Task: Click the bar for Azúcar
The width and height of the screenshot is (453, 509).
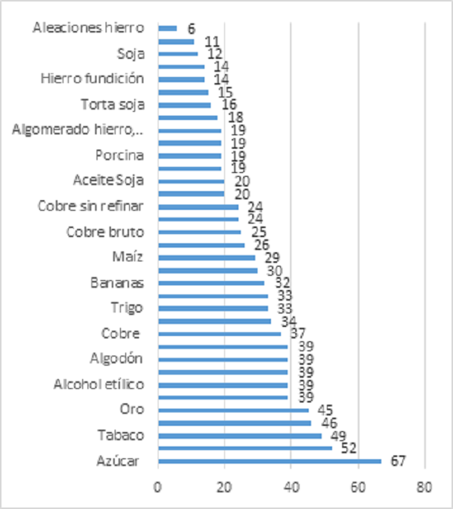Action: coord(270,461)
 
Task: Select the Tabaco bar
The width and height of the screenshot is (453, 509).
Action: coord(240,435)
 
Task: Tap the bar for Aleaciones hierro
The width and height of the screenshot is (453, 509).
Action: coord(168,28)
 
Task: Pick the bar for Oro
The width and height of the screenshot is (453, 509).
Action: coord(233,410)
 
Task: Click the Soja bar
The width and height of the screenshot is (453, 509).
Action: coord(178,54)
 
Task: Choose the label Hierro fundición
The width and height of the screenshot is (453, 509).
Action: coord(91,78)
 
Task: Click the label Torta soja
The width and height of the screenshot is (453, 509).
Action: coord(112,104)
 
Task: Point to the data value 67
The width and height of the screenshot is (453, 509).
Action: coord(397,461)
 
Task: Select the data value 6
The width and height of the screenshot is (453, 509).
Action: coord(191,28)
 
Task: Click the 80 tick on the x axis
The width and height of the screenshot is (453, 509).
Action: coord(425,486)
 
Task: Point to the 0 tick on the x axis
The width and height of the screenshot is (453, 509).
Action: coord(158,486)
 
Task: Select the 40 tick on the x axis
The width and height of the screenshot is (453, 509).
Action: coord(291,486)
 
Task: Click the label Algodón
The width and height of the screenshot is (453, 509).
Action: coord(117,358)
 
